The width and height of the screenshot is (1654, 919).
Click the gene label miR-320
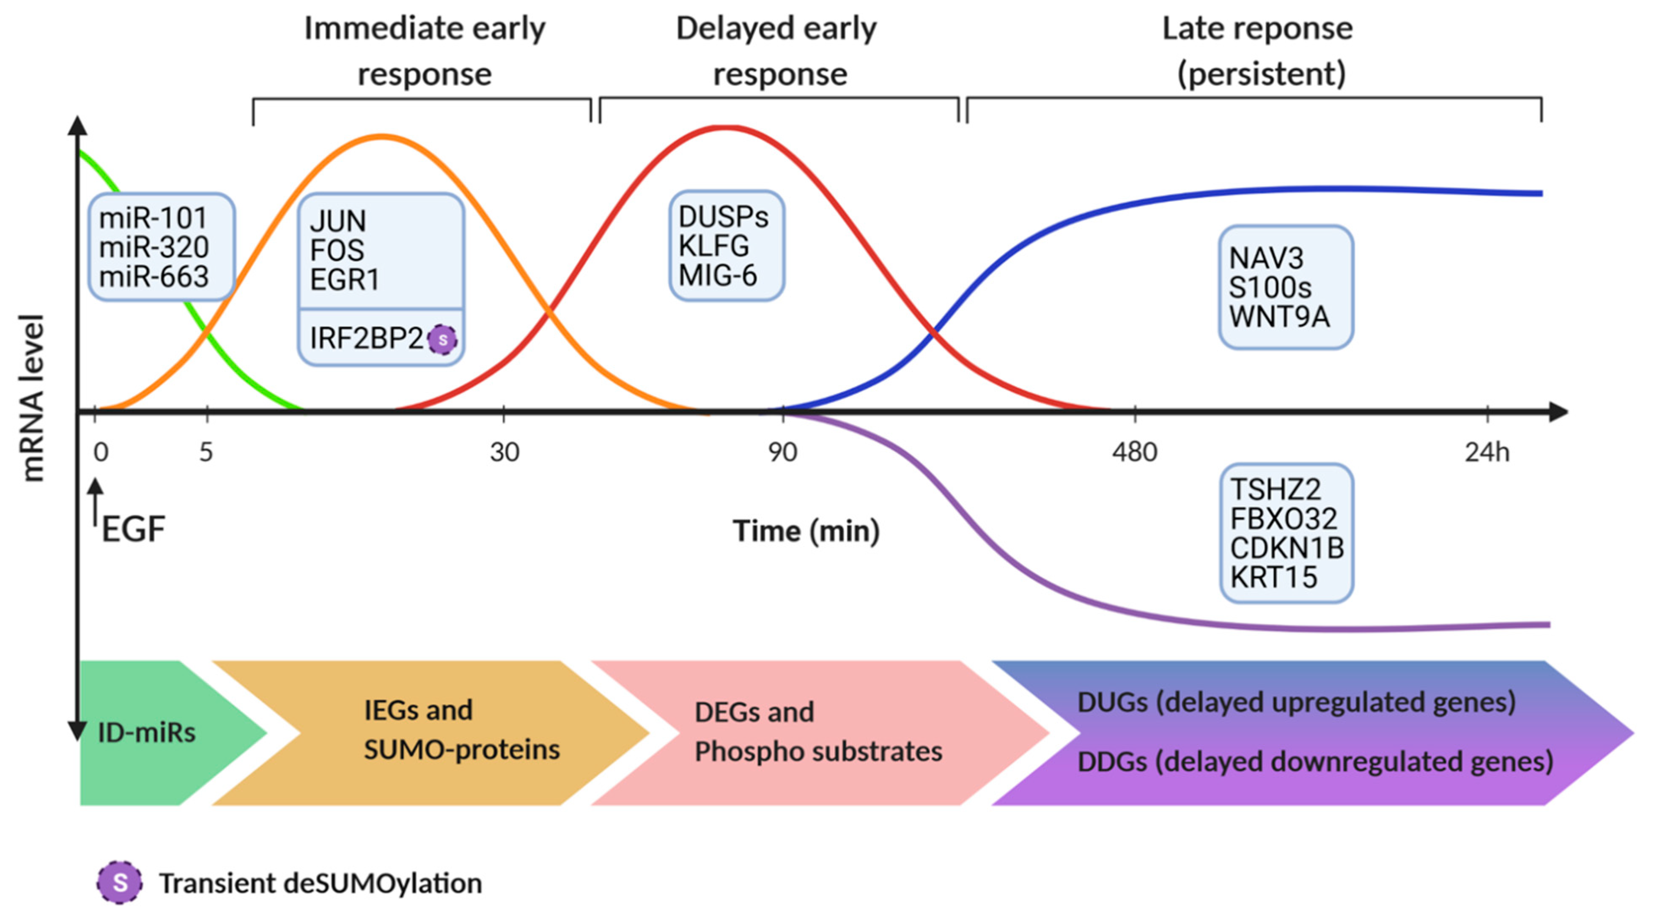154,247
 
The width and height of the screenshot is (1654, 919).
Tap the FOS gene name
337,250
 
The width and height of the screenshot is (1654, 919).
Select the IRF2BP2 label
366,338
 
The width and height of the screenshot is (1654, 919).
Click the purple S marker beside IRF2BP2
442,340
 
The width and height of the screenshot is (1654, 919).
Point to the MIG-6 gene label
717,275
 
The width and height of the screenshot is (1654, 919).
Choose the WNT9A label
1278,317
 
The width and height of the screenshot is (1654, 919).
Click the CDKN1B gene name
1286,548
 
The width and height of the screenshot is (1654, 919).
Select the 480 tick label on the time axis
1135,453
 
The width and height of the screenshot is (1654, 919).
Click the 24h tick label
1487,453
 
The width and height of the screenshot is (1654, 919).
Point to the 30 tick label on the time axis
504,453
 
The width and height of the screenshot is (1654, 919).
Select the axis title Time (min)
806,531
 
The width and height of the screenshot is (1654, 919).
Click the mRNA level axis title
32,398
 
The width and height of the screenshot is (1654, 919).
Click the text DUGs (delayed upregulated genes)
1296,702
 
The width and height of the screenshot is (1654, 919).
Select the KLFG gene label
713,246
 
